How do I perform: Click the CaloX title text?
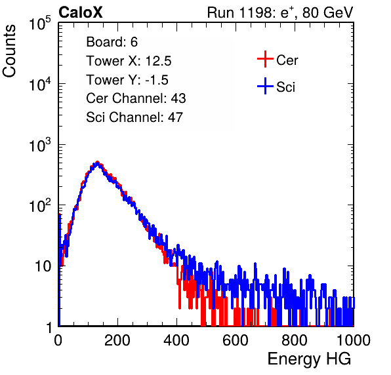81,12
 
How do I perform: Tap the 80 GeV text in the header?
327,12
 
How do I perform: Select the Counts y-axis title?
9,51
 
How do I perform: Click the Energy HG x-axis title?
309,359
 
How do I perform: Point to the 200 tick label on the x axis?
117,340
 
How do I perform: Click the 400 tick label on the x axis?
176,340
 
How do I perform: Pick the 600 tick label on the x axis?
236,340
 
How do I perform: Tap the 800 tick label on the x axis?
295,340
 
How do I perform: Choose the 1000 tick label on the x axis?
354,340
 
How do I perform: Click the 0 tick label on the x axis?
58,340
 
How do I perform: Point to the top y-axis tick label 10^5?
40,24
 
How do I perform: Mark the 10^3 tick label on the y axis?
40,145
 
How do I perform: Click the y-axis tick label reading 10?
43,267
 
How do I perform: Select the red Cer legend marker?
265,59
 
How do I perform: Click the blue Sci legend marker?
265,87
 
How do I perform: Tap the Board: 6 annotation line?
112,42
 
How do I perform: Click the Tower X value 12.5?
158,61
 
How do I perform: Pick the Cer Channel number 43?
178,98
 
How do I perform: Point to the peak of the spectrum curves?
98,163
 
